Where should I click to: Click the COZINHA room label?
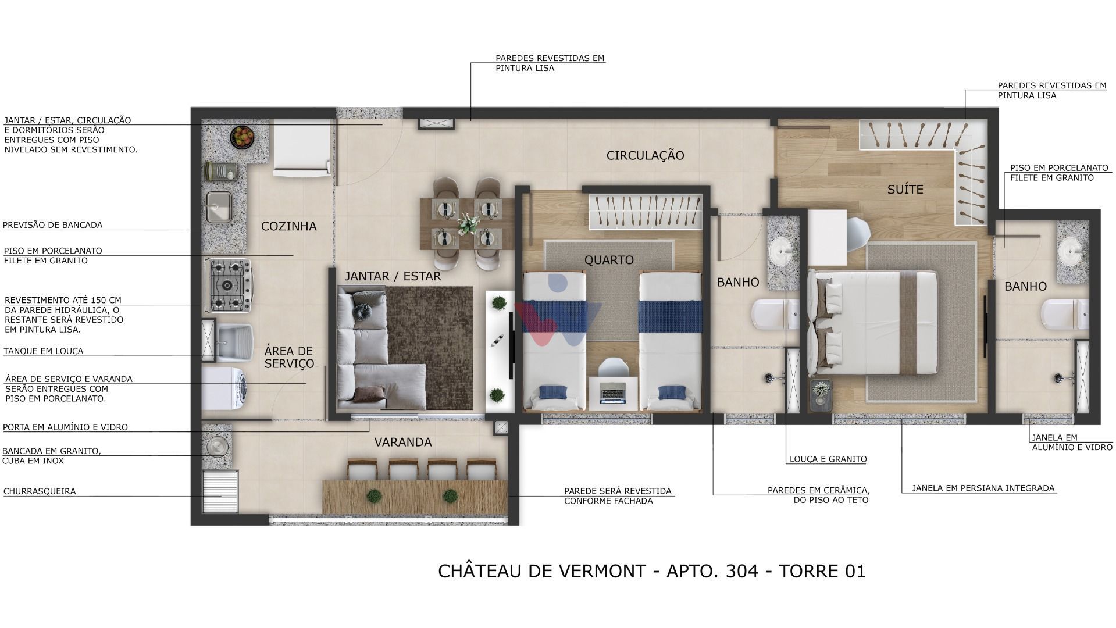[288, 226]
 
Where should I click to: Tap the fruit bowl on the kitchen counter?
[242, 137]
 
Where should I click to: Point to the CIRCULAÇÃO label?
[645, 155]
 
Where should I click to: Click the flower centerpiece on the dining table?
[467, 223]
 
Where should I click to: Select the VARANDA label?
[402, 442]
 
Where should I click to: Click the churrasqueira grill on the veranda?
[220, 491]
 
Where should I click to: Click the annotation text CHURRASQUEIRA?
[40, 491]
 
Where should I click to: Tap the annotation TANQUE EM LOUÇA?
[44, 351]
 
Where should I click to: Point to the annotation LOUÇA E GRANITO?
[828, 459]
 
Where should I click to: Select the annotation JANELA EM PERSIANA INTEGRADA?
[983, 488]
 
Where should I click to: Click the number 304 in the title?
[742, 571]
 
